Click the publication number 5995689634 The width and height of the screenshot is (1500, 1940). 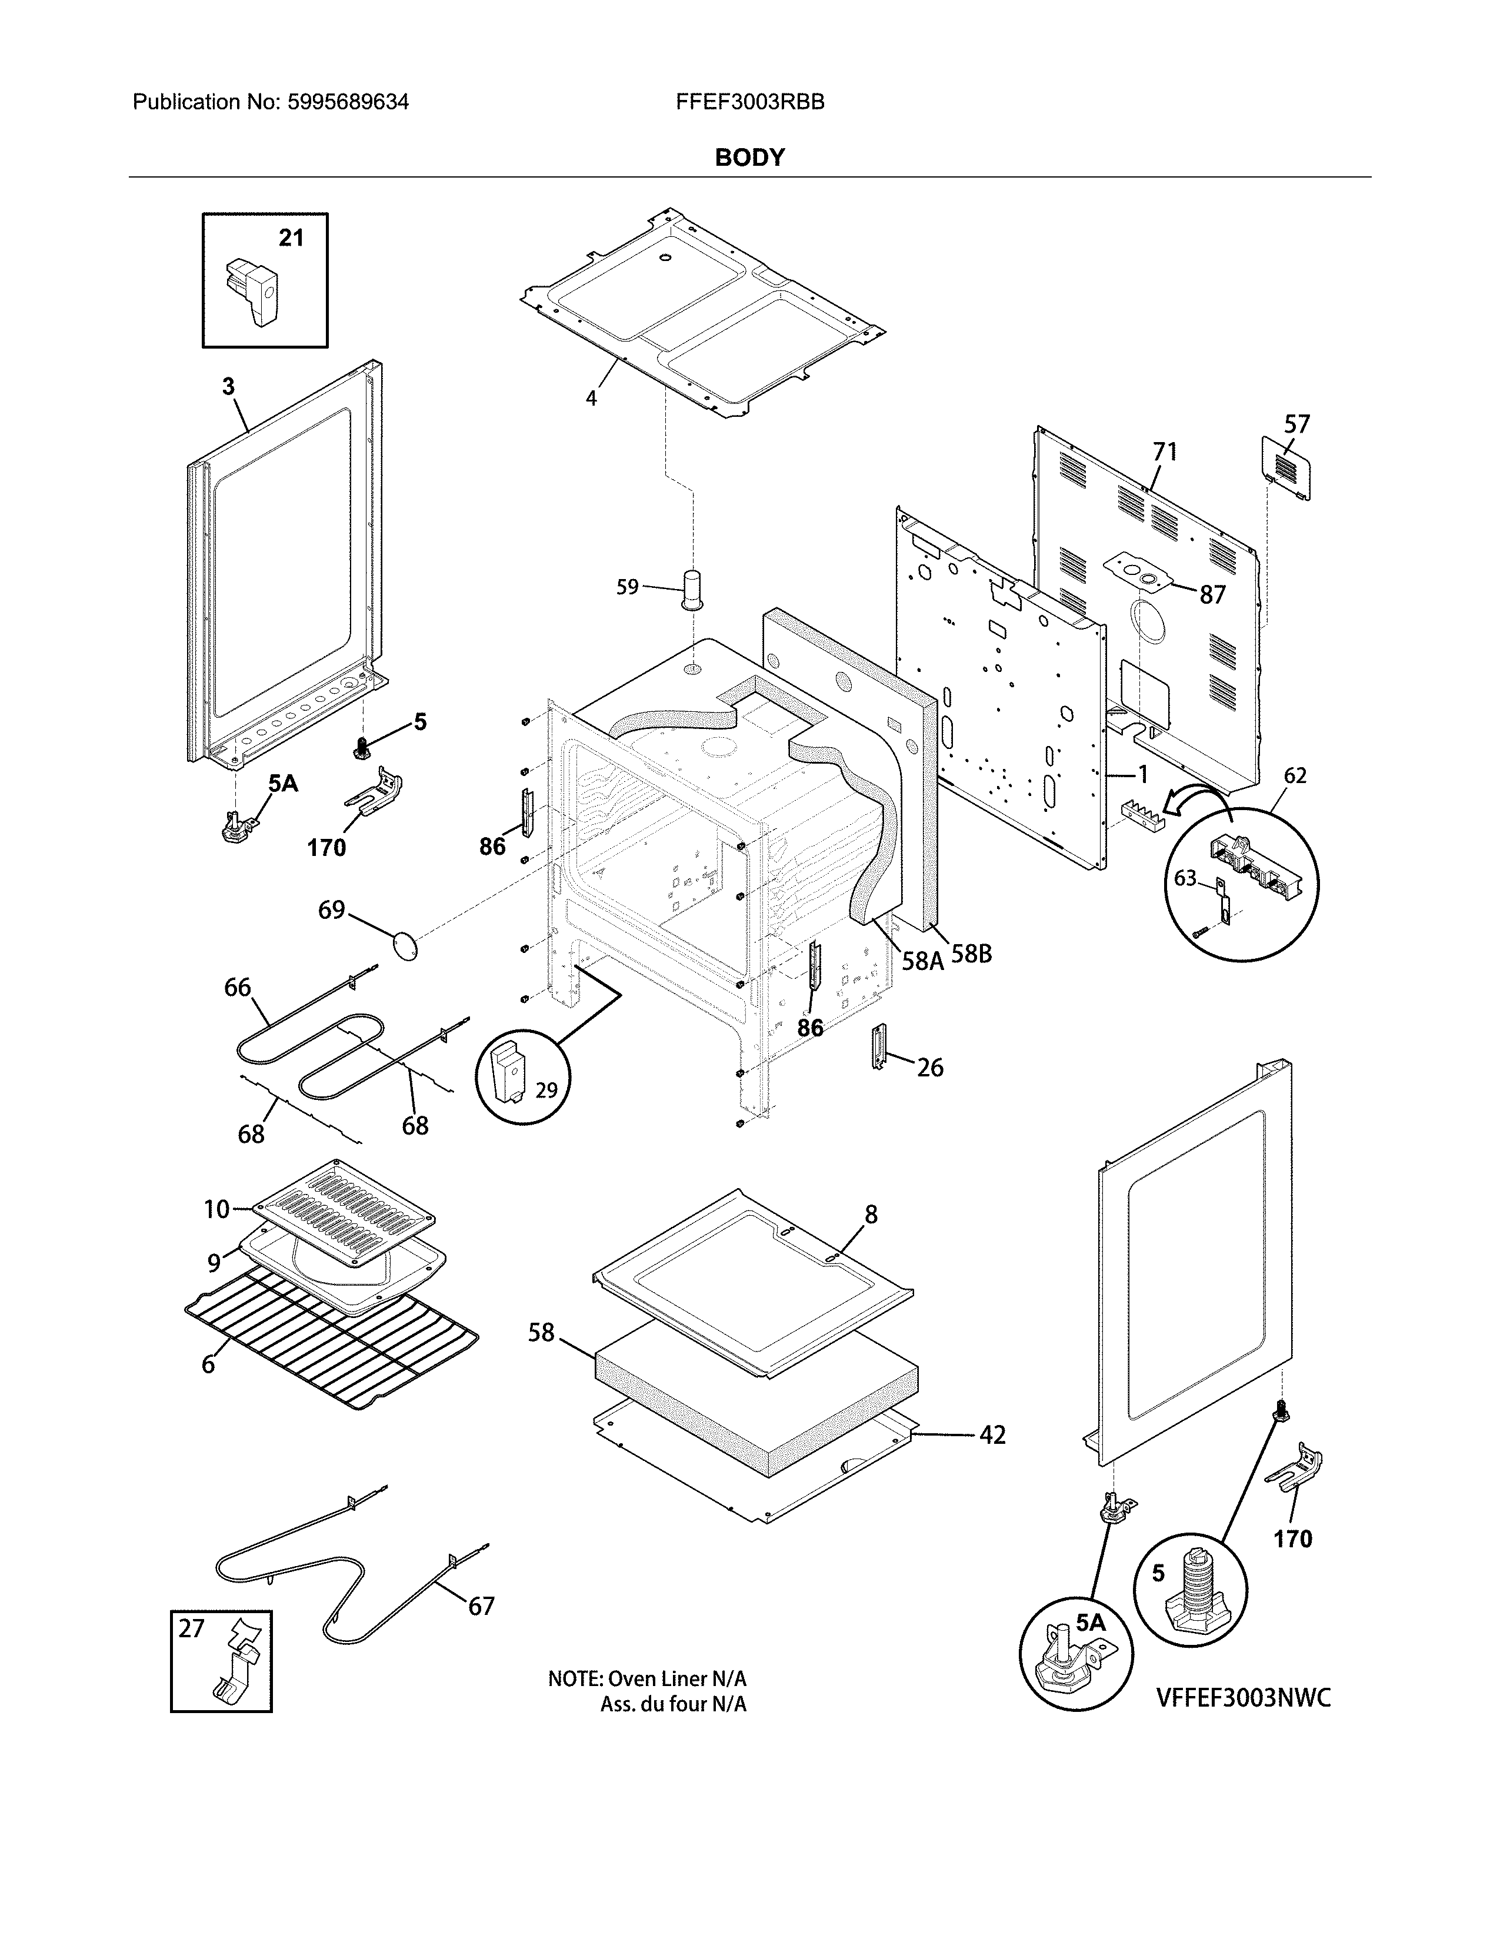click(348, 102)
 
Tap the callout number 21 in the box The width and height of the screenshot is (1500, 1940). click(291, 238)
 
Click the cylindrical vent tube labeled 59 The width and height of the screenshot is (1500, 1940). click(691, 590)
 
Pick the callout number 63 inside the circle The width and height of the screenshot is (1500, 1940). click(1185, 878)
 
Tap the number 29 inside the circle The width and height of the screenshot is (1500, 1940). click(546, 1090)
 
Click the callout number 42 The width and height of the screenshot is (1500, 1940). click(992, 1434)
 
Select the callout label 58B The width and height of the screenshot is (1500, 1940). click(971, 954)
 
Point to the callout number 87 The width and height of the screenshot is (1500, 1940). click(1212, 595)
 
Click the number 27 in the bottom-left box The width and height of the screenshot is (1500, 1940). click(191, 1628)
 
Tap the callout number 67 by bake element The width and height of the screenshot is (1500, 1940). click(481, 1606)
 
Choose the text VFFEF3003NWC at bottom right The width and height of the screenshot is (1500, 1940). click(1243, 1698)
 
